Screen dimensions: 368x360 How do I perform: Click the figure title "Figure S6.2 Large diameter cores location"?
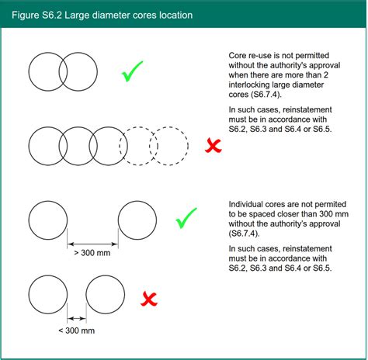(102, 15)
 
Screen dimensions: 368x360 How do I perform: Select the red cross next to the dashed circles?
(213, 146)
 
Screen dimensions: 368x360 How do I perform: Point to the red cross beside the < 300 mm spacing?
(149, 299)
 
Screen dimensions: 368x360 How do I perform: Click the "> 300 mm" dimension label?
(92, 253)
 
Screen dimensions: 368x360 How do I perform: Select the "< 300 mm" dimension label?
(77, 331)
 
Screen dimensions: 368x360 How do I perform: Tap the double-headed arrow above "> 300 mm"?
(92, 244)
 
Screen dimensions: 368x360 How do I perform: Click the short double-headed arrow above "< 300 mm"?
(77, 318)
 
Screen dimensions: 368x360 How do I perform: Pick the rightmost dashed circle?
(188, 146)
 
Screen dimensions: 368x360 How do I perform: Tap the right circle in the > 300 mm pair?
(157, 220)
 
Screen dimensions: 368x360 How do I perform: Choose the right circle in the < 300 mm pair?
(124, 295)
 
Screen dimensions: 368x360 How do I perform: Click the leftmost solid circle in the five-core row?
(29, 146)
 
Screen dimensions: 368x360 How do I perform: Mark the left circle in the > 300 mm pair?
(29, 220)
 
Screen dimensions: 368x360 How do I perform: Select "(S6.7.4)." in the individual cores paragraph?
(244, 234)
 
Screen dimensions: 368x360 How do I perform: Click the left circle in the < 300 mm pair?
(29, 295)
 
